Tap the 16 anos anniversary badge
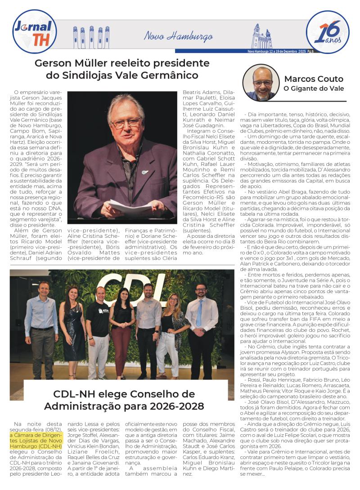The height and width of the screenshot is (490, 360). pyautogui.click(x=327, y=31)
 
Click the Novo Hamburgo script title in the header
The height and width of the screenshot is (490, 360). pyautogui.click(x=178, y=36)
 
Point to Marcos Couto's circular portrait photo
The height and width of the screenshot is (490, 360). pyautogui.click(x=261, y=82)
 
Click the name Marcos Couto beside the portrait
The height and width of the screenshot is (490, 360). pyautogui.click(x=314, y=79)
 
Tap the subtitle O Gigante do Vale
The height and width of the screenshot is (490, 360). pyautogui.click(x=313, y=89)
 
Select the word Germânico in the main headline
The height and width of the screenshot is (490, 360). pyautogui.click(x=171, y=75)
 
